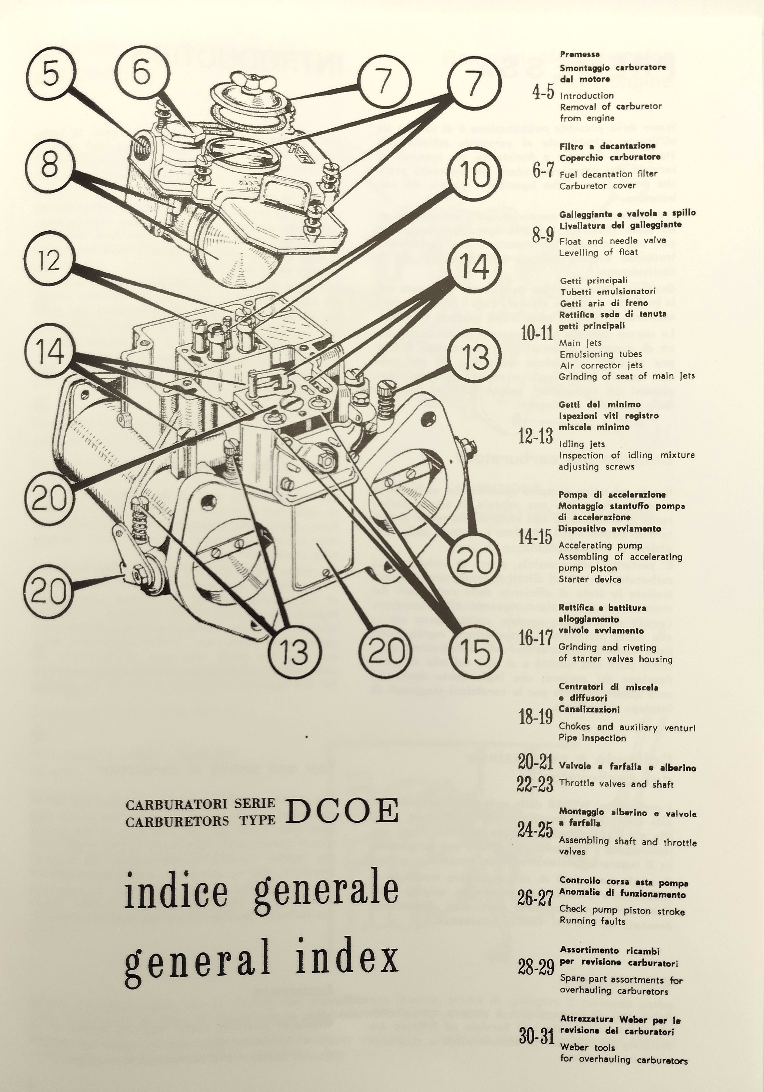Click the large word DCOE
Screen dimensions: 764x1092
pos(341,811)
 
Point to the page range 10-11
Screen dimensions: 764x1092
pos(537,334)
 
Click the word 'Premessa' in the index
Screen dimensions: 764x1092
pos(580,54)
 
